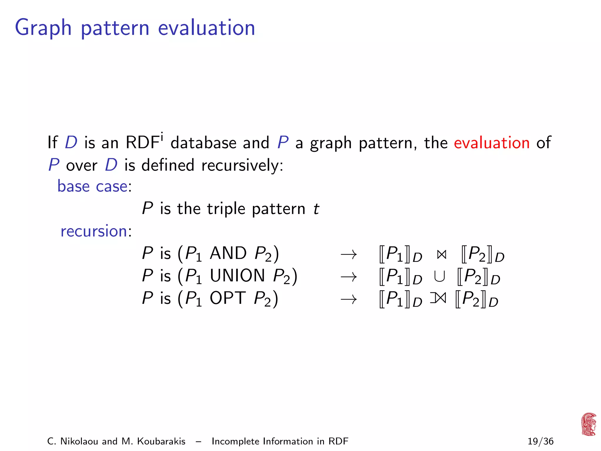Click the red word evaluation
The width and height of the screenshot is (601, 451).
[x=492, y=143]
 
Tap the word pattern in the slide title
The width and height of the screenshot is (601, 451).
[x=115, y=28]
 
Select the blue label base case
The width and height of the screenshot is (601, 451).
[x=93, y=186]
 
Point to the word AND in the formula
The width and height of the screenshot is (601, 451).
[x=228, y=253]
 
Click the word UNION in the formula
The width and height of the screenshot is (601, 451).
[x=237, y=276]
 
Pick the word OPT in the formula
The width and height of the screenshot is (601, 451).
[x=227, y=298]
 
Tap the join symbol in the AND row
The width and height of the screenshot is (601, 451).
[x=441, y=255]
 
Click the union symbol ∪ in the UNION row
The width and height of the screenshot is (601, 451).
[x=439, y=277]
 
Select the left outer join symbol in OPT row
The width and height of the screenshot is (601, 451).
[x=438, y=299]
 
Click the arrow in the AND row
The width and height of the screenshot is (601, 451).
[x=349, y=254]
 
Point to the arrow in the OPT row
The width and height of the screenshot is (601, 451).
[x=349, y=299]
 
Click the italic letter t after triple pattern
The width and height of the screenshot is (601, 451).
[x=316, y=209]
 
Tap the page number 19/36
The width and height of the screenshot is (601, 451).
[x=540, y=441]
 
